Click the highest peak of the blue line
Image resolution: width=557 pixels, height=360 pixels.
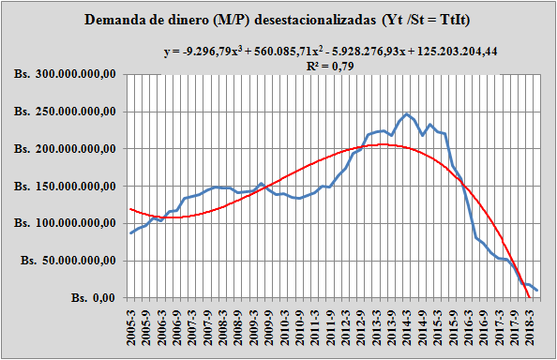[x=406, y=113]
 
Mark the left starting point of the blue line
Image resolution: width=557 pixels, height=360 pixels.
[x=131, y=232]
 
